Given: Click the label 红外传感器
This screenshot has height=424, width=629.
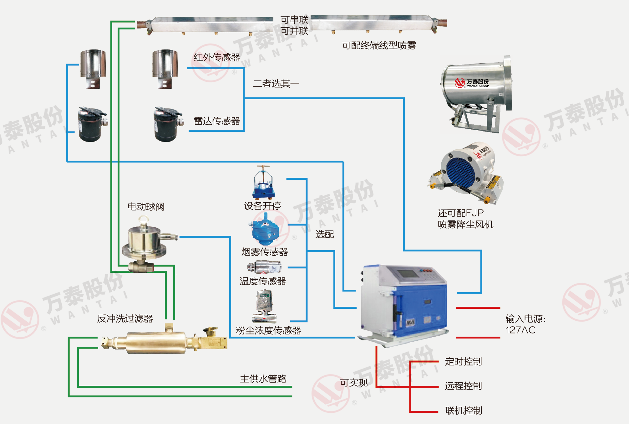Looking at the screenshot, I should pyautogui.click(x=216, y=57).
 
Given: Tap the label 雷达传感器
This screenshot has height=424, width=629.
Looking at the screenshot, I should pyautogui.click(x=216, y=121).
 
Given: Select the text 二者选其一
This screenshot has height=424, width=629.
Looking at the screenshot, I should pyautogui.click(x=276, y=84).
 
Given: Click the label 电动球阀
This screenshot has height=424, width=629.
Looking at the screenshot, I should pyautogui.click(x=146, y=207).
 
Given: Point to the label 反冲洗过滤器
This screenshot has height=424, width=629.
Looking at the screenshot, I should pyautogui.click(x=125, y=318).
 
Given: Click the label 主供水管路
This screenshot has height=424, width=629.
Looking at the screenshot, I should pyautogui.click(x=263, y=379).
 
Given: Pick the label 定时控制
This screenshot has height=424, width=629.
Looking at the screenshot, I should pyautogui.click(x=463, y=362).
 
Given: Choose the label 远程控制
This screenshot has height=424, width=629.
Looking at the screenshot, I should pyautogui.click(x=463, y=386).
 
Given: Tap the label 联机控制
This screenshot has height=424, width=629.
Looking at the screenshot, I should pyautogui.click(x=463, y=410).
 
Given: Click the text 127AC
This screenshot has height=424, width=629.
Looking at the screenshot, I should pyautogui.click(x=520, y=330).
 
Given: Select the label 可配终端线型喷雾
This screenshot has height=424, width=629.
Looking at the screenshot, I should pyautogui.click(x=379, y=45).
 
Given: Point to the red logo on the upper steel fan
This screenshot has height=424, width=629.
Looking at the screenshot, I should pyautogui.click(x=459, y=83).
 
